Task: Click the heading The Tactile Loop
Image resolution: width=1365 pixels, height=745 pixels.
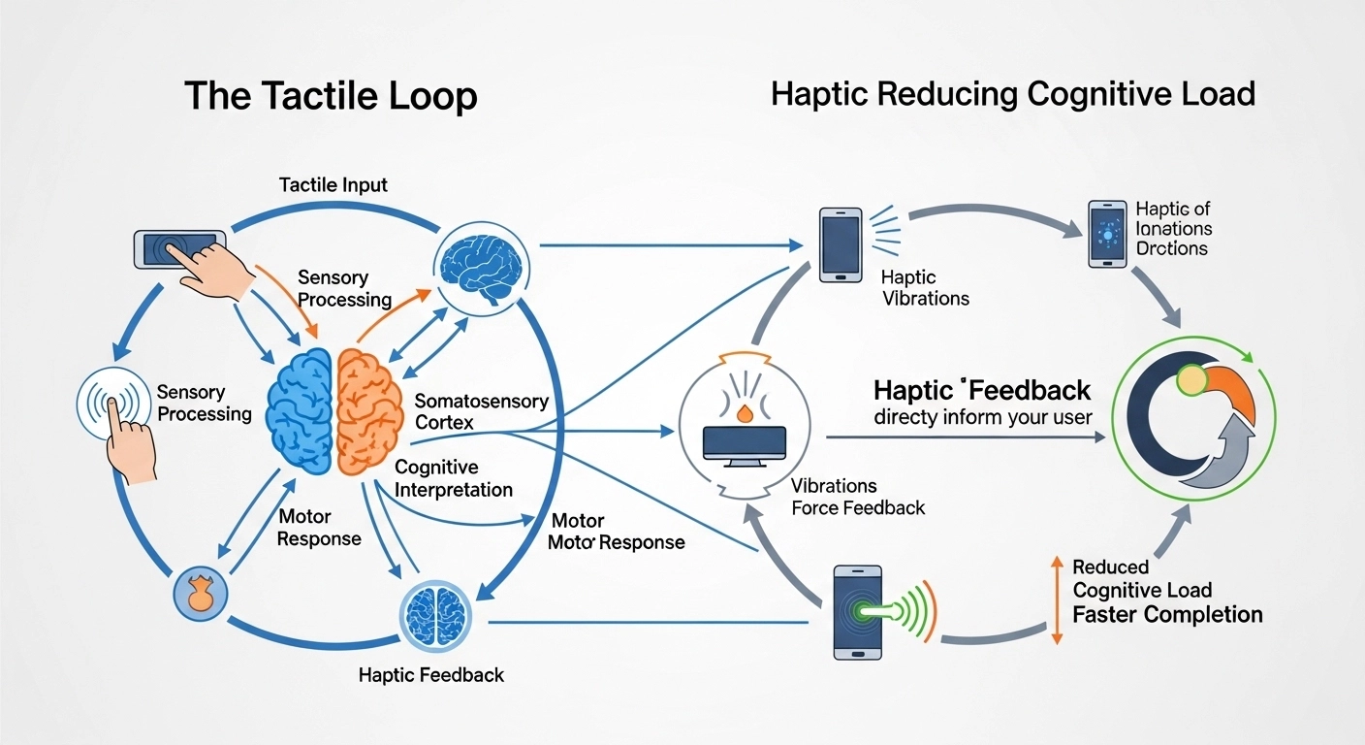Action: click(331, 96)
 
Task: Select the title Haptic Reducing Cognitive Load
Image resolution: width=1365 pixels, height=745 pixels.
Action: click(1013, 94)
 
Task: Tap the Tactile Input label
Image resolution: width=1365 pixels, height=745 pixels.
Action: click(333, 184)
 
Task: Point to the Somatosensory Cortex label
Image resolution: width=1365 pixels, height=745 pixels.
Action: click(481, 411)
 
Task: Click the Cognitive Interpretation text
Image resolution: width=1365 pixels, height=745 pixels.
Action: click(453, 478)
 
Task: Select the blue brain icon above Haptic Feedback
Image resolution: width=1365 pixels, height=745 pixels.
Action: click(436, 612)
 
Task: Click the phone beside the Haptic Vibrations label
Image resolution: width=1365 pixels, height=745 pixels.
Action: click(840, 244)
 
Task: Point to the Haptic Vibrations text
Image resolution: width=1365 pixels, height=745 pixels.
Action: click(925, 287)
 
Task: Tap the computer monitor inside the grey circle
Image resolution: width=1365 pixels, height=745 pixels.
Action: click(745, 440)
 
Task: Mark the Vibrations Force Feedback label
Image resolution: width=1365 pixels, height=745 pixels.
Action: click(858, 496)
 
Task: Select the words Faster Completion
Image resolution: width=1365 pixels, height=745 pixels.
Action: click(1167, 614)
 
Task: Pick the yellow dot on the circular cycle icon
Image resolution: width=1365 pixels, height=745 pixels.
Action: click(1190, 379)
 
